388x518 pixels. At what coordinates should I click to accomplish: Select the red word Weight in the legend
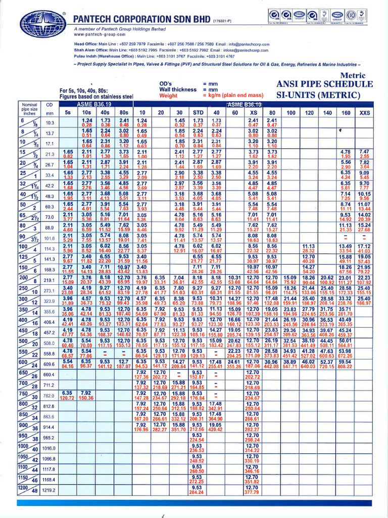[x=168, y=95]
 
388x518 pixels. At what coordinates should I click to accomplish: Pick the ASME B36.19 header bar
[x=97, y=104]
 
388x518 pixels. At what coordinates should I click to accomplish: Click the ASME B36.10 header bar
[x=243, y=104]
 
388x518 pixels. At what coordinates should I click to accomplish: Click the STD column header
[x=199, y=112]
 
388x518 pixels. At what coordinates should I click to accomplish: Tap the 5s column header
[x=67, y=112]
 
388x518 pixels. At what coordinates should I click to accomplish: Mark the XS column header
[x=254, y=112]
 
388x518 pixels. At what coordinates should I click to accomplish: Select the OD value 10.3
[x=50, y=122]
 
